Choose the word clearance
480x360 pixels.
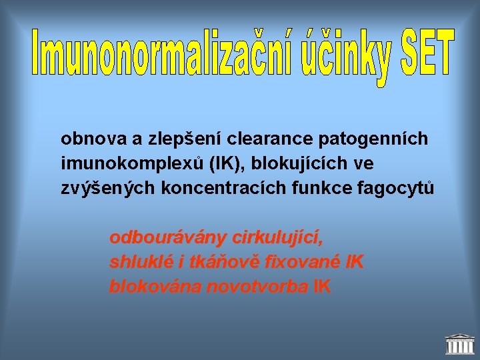click(271, 139)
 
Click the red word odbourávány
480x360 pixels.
click(168, 237)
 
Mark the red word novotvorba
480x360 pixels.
click(258, 287)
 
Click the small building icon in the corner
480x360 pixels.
click(459, 344)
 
